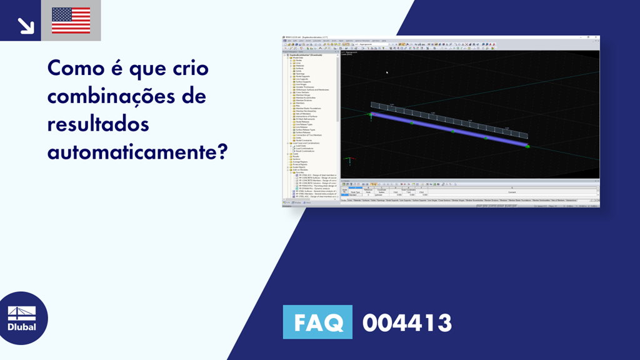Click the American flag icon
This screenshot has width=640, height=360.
(71, 21)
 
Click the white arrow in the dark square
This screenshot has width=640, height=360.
(26, 24)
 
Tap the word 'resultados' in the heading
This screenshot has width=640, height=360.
(99, 124)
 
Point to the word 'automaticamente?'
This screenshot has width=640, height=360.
(136, 152)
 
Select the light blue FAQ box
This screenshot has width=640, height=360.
(317, 322)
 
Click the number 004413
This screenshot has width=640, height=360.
(407, 323)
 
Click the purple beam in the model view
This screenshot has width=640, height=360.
(450, 129)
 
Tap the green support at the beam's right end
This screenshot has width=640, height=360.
(528, 147)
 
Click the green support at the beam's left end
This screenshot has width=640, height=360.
(371, 114)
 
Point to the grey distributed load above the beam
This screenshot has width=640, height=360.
(450, 119)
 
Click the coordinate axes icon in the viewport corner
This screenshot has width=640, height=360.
(349, 161)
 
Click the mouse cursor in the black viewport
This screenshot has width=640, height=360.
(387, 72)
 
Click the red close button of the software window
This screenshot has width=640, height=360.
(597, 37)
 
